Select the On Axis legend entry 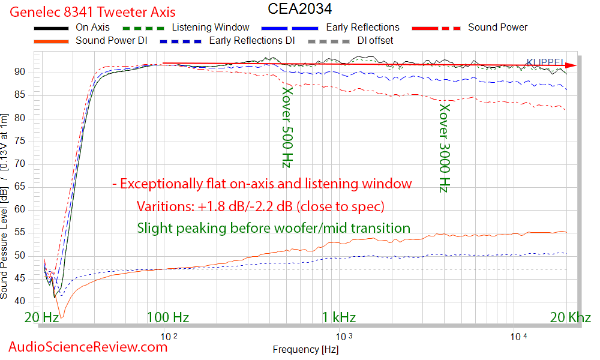pos(92,27)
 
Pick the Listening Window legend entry pos(211,27)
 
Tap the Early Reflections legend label pos(362,27)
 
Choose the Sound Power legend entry pos(497,27)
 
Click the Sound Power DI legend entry pos(111,41)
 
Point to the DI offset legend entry pos(376,41)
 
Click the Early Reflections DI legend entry pos(251,41)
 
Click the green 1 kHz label pos(338,317)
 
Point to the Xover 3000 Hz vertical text pos(444,148)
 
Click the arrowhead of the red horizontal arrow pos(572,65)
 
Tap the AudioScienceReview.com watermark pos(88,346)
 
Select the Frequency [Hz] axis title pos(305,349)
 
